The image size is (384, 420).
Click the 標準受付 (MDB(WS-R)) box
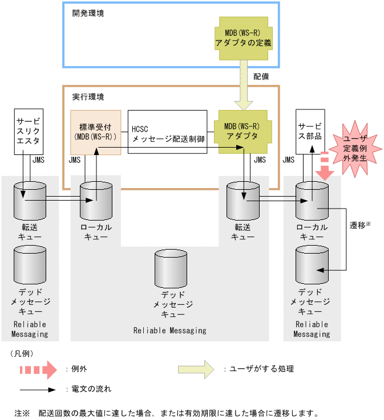95,132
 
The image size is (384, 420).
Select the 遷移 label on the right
359,225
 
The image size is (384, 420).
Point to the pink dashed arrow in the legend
38,369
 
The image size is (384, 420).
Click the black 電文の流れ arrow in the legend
38,390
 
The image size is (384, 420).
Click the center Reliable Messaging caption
169,331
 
